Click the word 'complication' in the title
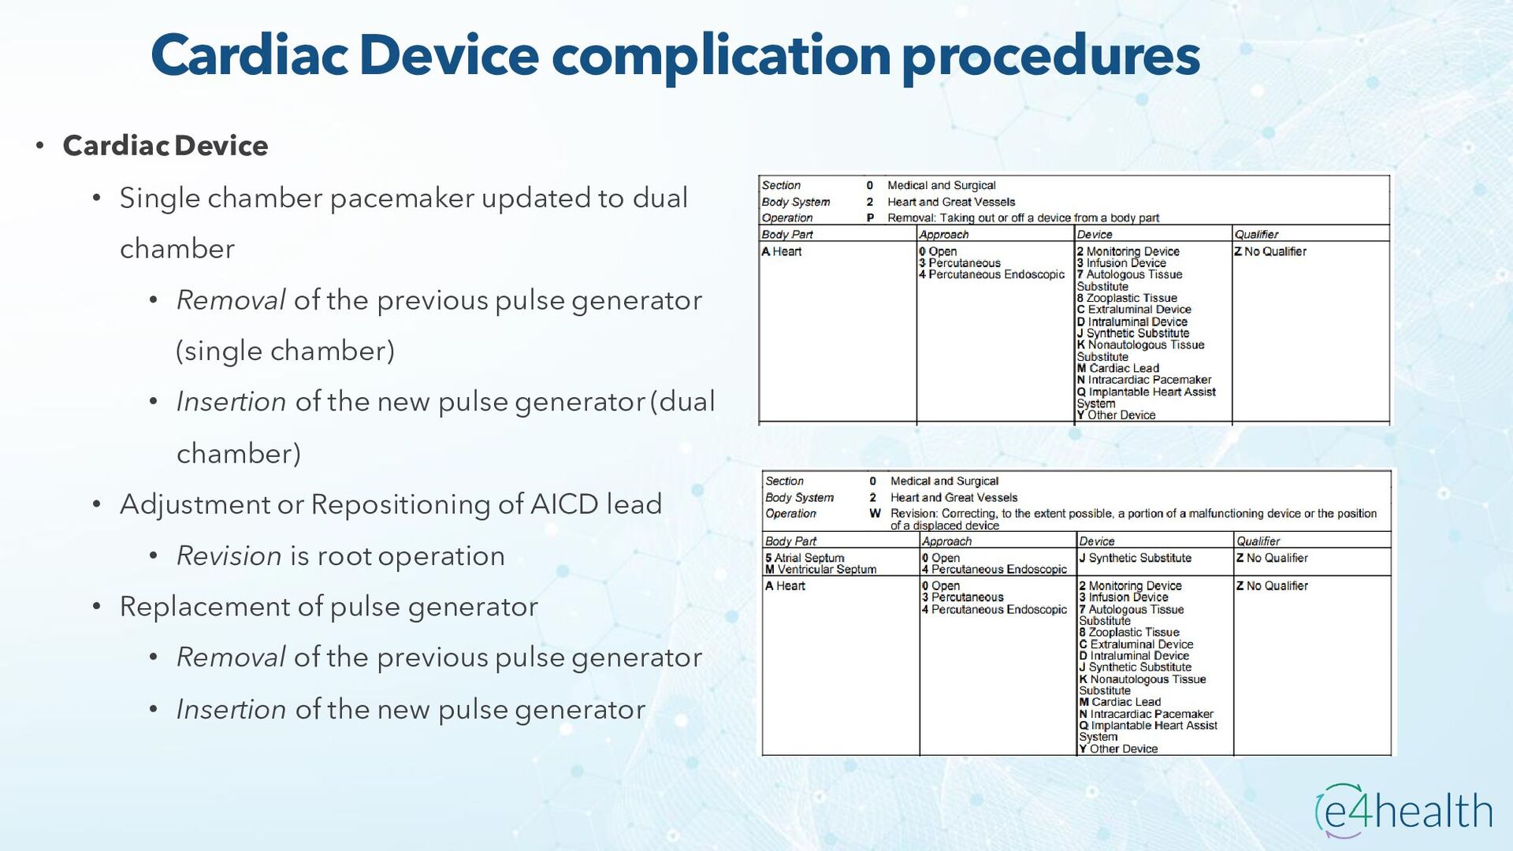pyautogui.click(x=720, y=57)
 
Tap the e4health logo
pyautogui.click(x=1404, y=810)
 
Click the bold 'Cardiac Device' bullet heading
pyautogui.click(x=165, y=146)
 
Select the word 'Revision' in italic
pyautogui.click(x=229, y=556)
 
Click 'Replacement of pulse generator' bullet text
pyautogui.click(x=329, y=607)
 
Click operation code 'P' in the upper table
pyautogui.click(x=870, y=218)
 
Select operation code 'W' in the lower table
pyautogui.click(x=875, y=514)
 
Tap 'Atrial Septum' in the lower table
pyautogui.click(x=809, y=558)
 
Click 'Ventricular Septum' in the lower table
pyautogui.click(x=827, y=570)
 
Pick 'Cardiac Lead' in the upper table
pyautogui.click(x=1123, y=368)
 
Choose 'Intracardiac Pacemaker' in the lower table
pyautogui.click(x=1151, y=714)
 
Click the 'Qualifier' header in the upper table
pyautogui.click(x=1256, y=235)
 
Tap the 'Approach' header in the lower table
pyautogui.click(x=946, y=541)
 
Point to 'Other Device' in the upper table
pyautogui.click(x=1121, y=415)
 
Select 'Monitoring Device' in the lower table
pyautogui.click(x=1135, y=586)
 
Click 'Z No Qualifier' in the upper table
pyautogui.click(x=1270, y=251)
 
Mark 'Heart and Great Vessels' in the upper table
pyautogui.click(x=951, y=202)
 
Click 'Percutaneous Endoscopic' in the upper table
pyautogui.click(x=996, y=275)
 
